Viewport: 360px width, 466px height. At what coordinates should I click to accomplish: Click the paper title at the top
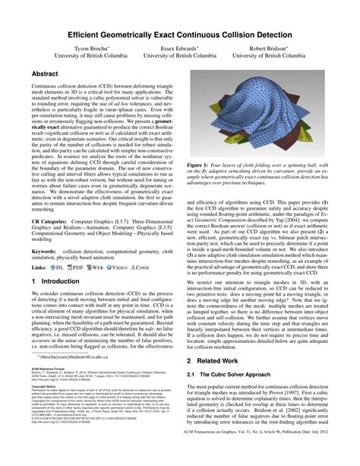[x=179, y=35]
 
